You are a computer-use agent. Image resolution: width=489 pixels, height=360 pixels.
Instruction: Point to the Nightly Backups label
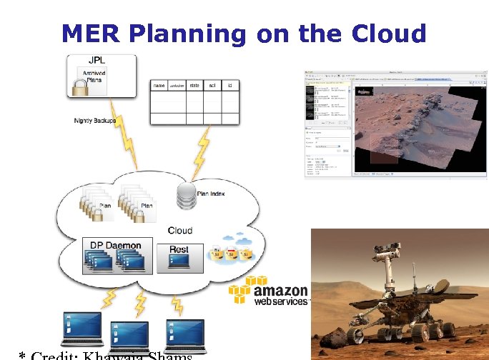coord(94,121)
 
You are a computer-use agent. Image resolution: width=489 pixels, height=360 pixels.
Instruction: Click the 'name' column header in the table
coord(159,86)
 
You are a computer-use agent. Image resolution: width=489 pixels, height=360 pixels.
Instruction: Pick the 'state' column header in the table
coord(194,86)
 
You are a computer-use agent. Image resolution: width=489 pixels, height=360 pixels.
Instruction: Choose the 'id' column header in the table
coord(229,86)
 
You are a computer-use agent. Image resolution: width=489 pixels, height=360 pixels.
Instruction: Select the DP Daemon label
coord(116,245)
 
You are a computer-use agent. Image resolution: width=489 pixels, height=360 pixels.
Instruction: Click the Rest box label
coord(179,249)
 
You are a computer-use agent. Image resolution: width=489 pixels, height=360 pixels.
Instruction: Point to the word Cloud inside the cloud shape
coord(180,230)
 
